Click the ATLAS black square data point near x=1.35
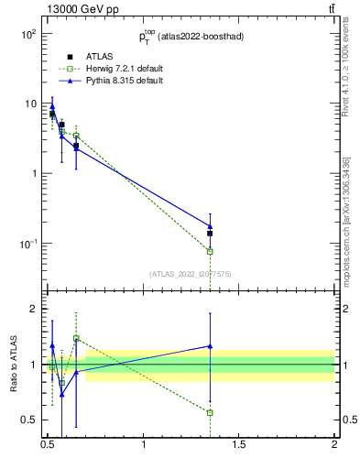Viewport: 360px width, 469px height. (210, 234)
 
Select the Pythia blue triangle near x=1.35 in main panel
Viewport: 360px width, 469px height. (210, 225)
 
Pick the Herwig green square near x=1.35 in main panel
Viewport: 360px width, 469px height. (210, 251)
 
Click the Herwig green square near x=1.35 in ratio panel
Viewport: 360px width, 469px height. (210, 412)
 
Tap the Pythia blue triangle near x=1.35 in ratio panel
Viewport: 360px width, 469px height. (210, 346)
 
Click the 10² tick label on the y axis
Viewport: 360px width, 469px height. (27, 34)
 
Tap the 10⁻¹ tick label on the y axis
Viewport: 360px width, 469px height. (27, 244)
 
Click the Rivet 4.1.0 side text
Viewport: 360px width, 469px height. (346, 64)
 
